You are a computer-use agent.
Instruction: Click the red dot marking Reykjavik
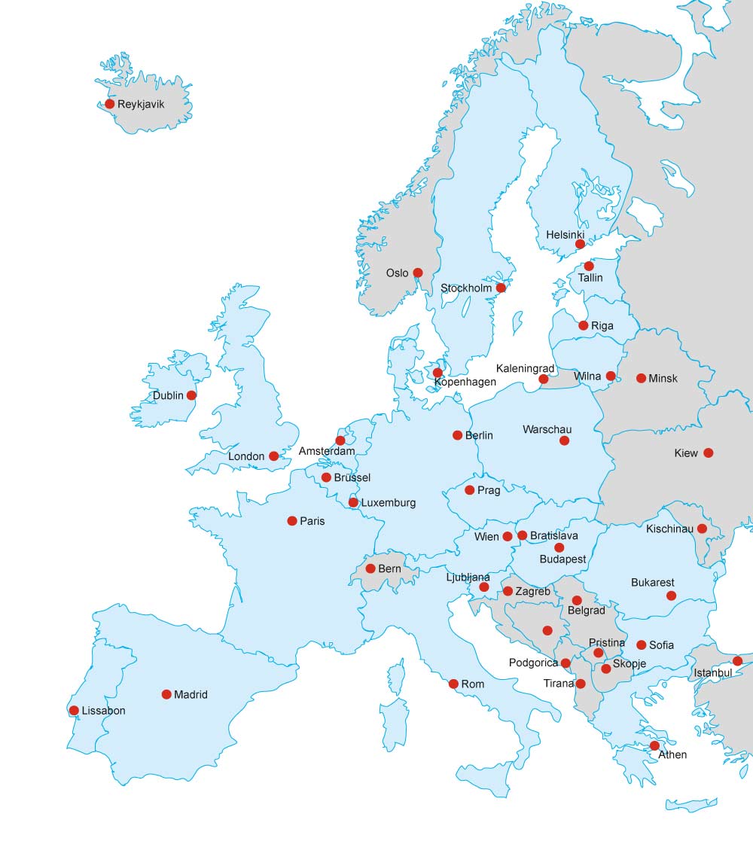[x=110, y=104]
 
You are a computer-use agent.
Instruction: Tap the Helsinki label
[x=565, y=235]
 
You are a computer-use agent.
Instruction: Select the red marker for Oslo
[x=418, y=273]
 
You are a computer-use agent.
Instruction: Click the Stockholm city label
[x=466, y=288]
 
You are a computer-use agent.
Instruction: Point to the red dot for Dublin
[x=191, y=395]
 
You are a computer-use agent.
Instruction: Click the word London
[x=246, y=456]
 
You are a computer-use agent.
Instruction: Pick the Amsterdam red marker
[x=340, y=440]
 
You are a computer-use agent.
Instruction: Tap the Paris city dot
[x=292, y=520]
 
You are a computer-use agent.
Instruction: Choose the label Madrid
[x=191, y=695]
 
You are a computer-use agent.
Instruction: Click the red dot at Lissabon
[x=74, y=710]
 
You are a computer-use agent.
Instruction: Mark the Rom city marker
[x=453, y=684]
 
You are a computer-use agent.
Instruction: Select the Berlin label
[x=479, y=435]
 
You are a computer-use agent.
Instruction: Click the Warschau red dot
[x=564, y=440]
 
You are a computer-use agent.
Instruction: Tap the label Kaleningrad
[x=525, y=368]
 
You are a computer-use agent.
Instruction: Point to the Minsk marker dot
[x=641, y=378]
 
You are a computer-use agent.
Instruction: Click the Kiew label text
[x=686, y=453]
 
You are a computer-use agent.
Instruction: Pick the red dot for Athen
[x=654, y=745]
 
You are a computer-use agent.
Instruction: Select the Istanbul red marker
[x=737, y=661]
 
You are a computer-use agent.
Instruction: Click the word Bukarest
[x=653, y=582]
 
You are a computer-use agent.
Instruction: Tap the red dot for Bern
[x=370, y=568]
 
